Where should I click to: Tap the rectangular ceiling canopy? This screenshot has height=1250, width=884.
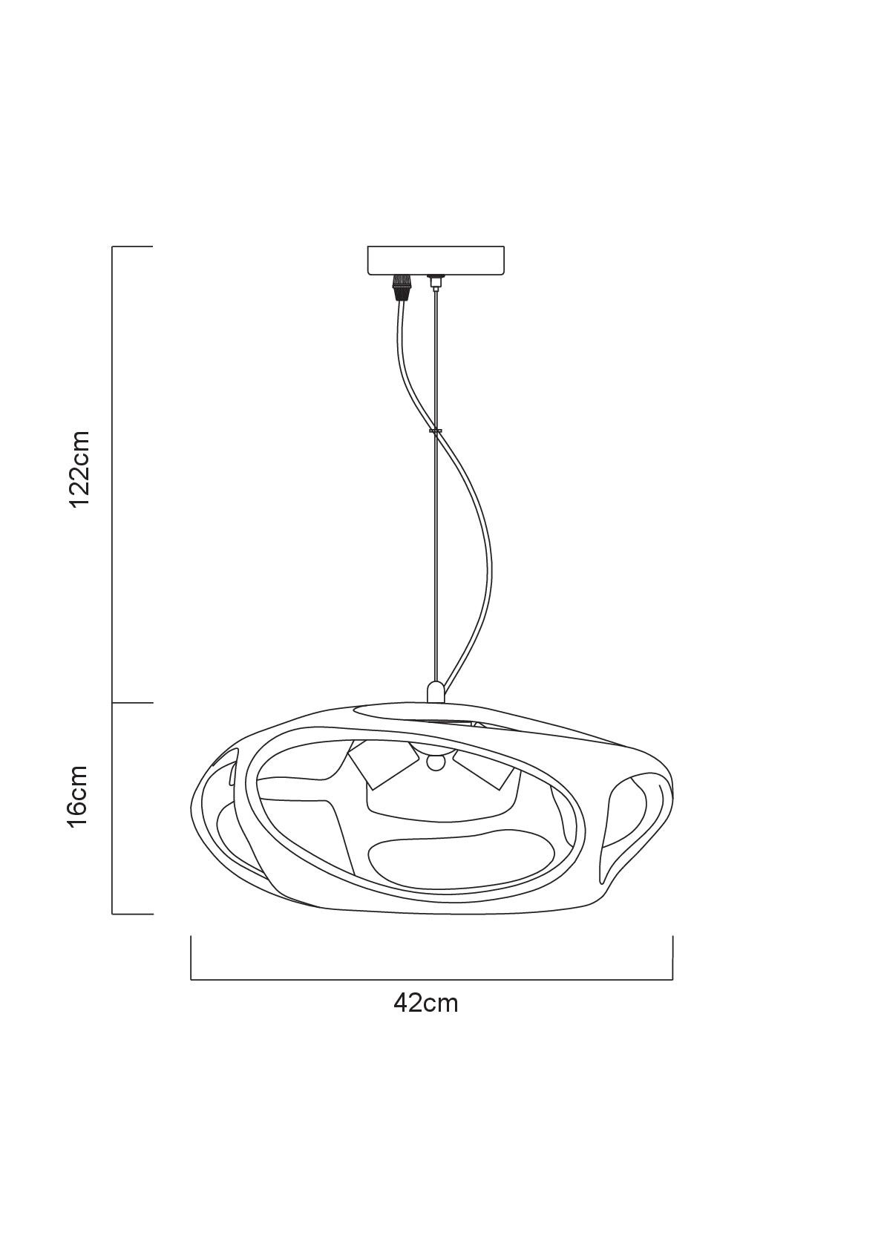435,261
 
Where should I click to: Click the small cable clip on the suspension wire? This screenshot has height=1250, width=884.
435,431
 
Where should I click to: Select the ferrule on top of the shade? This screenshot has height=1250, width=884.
435,691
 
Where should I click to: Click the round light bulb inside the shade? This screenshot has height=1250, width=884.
435,763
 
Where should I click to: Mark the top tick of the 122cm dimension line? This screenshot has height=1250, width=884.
132,246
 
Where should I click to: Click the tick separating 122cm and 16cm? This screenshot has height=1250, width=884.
132,702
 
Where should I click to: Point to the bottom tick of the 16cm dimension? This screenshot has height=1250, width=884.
132,914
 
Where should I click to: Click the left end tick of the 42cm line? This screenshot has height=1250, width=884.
191,958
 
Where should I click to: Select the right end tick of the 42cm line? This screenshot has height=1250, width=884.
672,958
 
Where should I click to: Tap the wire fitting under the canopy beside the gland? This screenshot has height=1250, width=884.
435,282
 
